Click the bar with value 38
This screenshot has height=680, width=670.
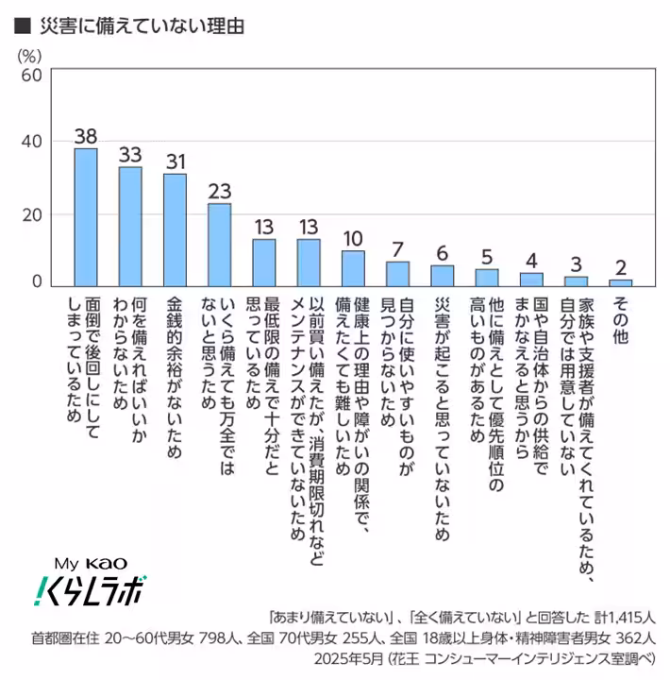coord(86,217)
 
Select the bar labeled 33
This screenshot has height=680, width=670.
coord(130,227)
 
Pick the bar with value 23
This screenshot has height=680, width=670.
coord(219,245)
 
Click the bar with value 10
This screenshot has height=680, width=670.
coord(353,268)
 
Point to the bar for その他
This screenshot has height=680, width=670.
coord(620,281)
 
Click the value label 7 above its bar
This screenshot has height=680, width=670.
coord(397,248)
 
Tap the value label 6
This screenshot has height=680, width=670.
coord(442,252)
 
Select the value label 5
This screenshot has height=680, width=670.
coord(486,256)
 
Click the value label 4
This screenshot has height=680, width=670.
coord(531,260)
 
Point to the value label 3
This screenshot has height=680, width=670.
coord(576,263)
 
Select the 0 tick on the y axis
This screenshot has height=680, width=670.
coord(37,281)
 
